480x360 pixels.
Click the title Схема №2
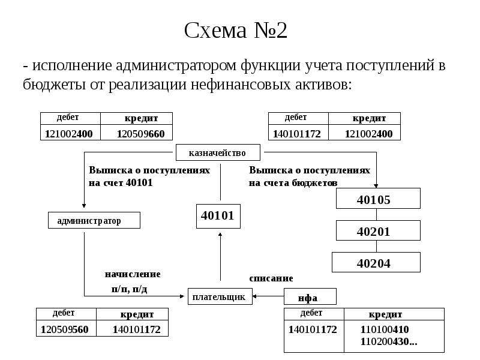coord(235,30)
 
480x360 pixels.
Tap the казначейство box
coord(218,152)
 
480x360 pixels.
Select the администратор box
coord(94,220)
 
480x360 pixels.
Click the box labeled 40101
coord(218,216)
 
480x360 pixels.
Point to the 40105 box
coord(378,199)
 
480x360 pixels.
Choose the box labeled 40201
coord(378,230)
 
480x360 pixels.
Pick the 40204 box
coord(376,262)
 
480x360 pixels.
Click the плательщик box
coord(220,296)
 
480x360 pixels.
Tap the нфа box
coord(310,296)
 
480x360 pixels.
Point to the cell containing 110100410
coord(385,329)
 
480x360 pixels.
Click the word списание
coord(271,278)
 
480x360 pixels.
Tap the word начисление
coord(133,274)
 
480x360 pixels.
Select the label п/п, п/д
coord(129,289)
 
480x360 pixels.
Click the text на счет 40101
coord(121,183)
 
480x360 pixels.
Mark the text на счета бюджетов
coord(293,183)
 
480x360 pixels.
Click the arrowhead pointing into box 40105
coord(376,186)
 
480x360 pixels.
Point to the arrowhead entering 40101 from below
coord(220,235)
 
